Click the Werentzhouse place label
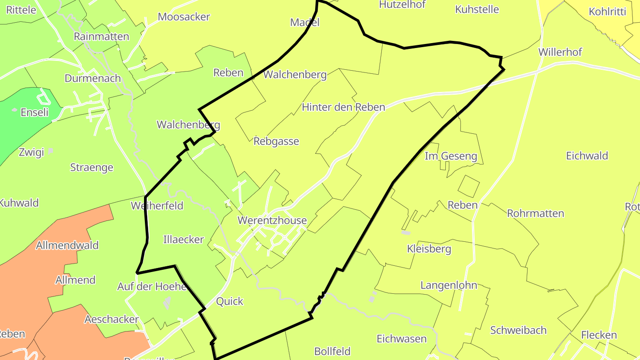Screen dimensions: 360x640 (x=272, y=220)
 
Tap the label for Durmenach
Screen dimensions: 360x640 (x=92, y=78)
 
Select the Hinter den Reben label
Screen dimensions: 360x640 (x=343, y=107)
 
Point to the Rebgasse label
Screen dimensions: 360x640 (x=276, y=141)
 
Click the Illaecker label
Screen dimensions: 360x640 (x=183, y=240)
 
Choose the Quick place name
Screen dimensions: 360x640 (x=229, y=301)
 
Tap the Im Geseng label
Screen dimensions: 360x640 (x=451, y=156)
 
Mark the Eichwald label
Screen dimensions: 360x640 (x=587, y=156)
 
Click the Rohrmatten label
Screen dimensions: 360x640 (x=535, y=213)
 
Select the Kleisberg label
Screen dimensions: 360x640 (x=429, y=249)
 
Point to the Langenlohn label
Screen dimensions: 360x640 (x=448, y=285)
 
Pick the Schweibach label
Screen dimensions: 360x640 (x=518, y=330)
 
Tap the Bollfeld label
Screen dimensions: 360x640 (x=332, y=352)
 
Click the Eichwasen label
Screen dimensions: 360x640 (x=401, y=339)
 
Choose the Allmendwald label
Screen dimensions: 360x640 (x=67, y=245)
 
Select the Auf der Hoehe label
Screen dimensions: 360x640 (x=152, y=287)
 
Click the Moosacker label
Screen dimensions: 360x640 (x=184, y=17)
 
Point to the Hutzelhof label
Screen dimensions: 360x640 (x=402, y=4)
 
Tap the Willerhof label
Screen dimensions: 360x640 (x=560, y=52)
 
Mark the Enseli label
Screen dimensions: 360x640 (x=35, y=112)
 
